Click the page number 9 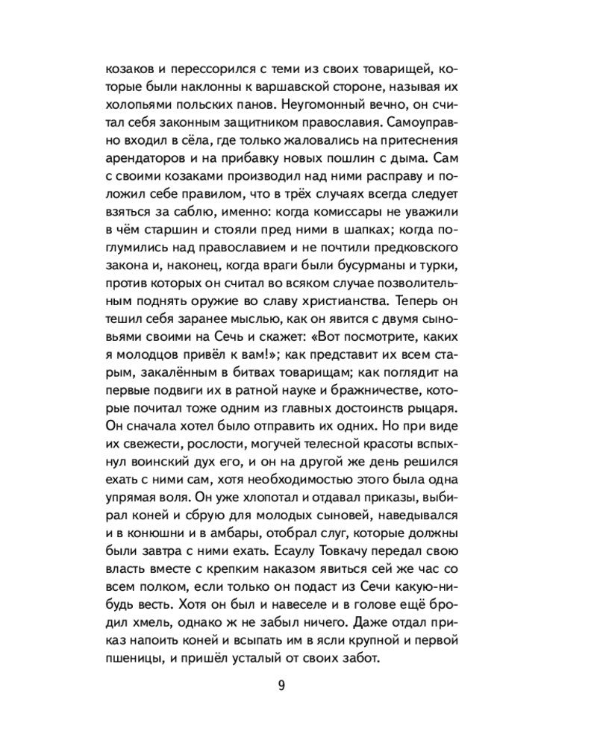point(281,687)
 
